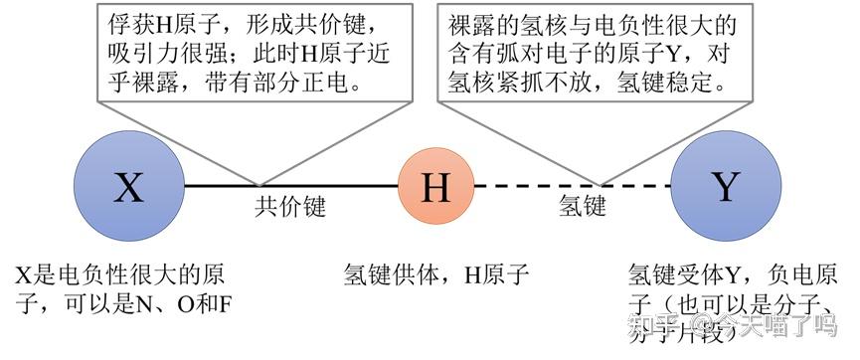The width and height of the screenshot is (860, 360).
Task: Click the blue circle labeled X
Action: [128, 186]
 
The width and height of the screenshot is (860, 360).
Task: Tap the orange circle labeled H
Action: [434, 186]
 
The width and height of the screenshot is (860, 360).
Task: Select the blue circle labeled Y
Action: [727, 186]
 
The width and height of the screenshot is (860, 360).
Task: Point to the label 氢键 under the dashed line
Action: [582, 207]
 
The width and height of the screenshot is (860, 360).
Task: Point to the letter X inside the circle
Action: [128, 186]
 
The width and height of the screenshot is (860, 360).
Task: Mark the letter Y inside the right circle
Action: [727, 186]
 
